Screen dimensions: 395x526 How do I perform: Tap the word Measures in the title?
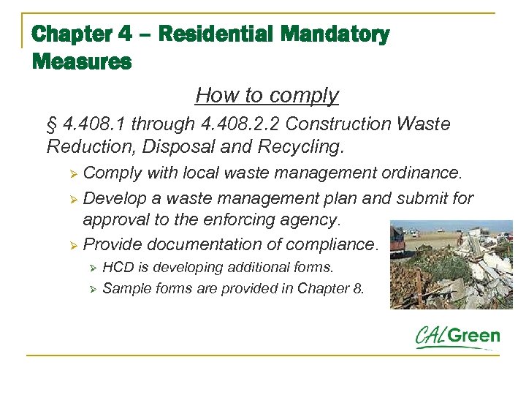click(x=82, y=61)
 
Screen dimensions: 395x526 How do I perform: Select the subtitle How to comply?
click(x=267, y=95)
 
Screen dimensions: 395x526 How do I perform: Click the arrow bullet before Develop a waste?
click(x=72, y=199)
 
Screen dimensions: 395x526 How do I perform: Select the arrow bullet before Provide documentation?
click(x=72, y=245)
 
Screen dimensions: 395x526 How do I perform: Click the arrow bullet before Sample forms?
click(x=92, y=288)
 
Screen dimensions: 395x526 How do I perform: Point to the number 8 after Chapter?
click(x=357, y=288)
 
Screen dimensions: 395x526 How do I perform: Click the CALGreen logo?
click(x=457, y=337)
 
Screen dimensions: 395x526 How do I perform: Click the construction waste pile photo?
click(x=451, y=264)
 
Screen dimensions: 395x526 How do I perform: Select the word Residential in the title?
click(x=216, y=34)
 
